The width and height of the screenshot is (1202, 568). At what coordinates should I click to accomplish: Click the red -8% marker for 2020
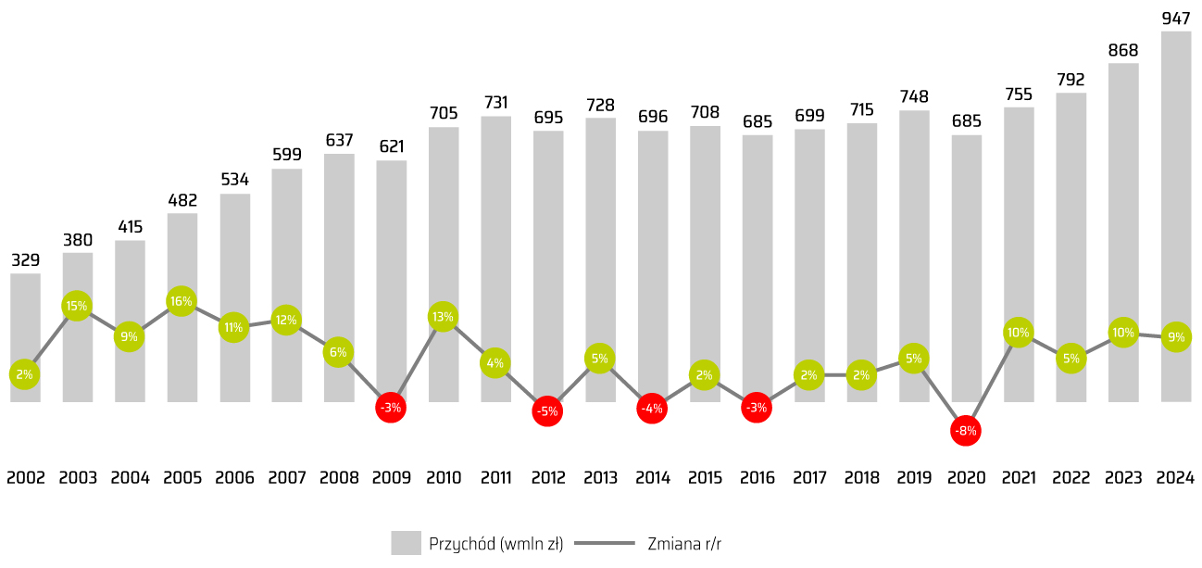(966, 431)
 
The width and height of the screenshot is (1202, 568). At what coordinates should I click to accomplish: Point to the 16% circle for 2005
(182, 301)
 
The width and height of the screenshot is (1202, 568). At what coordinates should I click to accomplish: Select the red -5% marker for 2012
(547, 411)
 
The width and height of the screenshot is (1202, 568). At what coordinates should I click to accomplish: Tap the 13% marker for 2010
(443, 317)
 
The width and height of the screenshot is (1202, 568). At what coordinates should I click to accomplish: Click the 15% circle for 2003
(77, 306)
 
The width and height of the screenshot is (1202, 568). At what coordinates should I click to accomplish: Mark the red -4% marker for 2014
(652, 408)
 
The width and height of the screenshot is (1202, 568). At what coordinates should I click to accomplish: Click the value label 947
(1175, 18)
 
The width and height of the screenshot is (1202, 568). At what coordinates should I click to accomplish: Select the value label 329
(25, 259)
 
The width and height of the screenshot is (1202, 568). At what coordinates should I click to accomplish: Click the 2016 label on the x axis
(757, 478)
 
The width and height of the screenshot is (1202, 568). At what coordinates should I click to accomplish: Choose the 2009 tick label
(391, 478)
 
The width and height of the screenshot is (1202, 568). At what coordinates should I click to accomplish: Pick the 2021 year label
(1019, 478)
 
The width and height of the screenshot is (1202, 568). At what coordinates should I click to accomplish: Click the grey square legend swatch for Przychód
(406, 543)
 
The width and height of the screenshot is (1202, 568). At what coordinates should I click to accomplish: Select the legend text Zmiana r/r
(684, 544)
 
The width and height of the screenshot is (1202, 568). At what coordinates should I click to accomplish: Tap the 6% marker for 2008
(338, 352)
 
